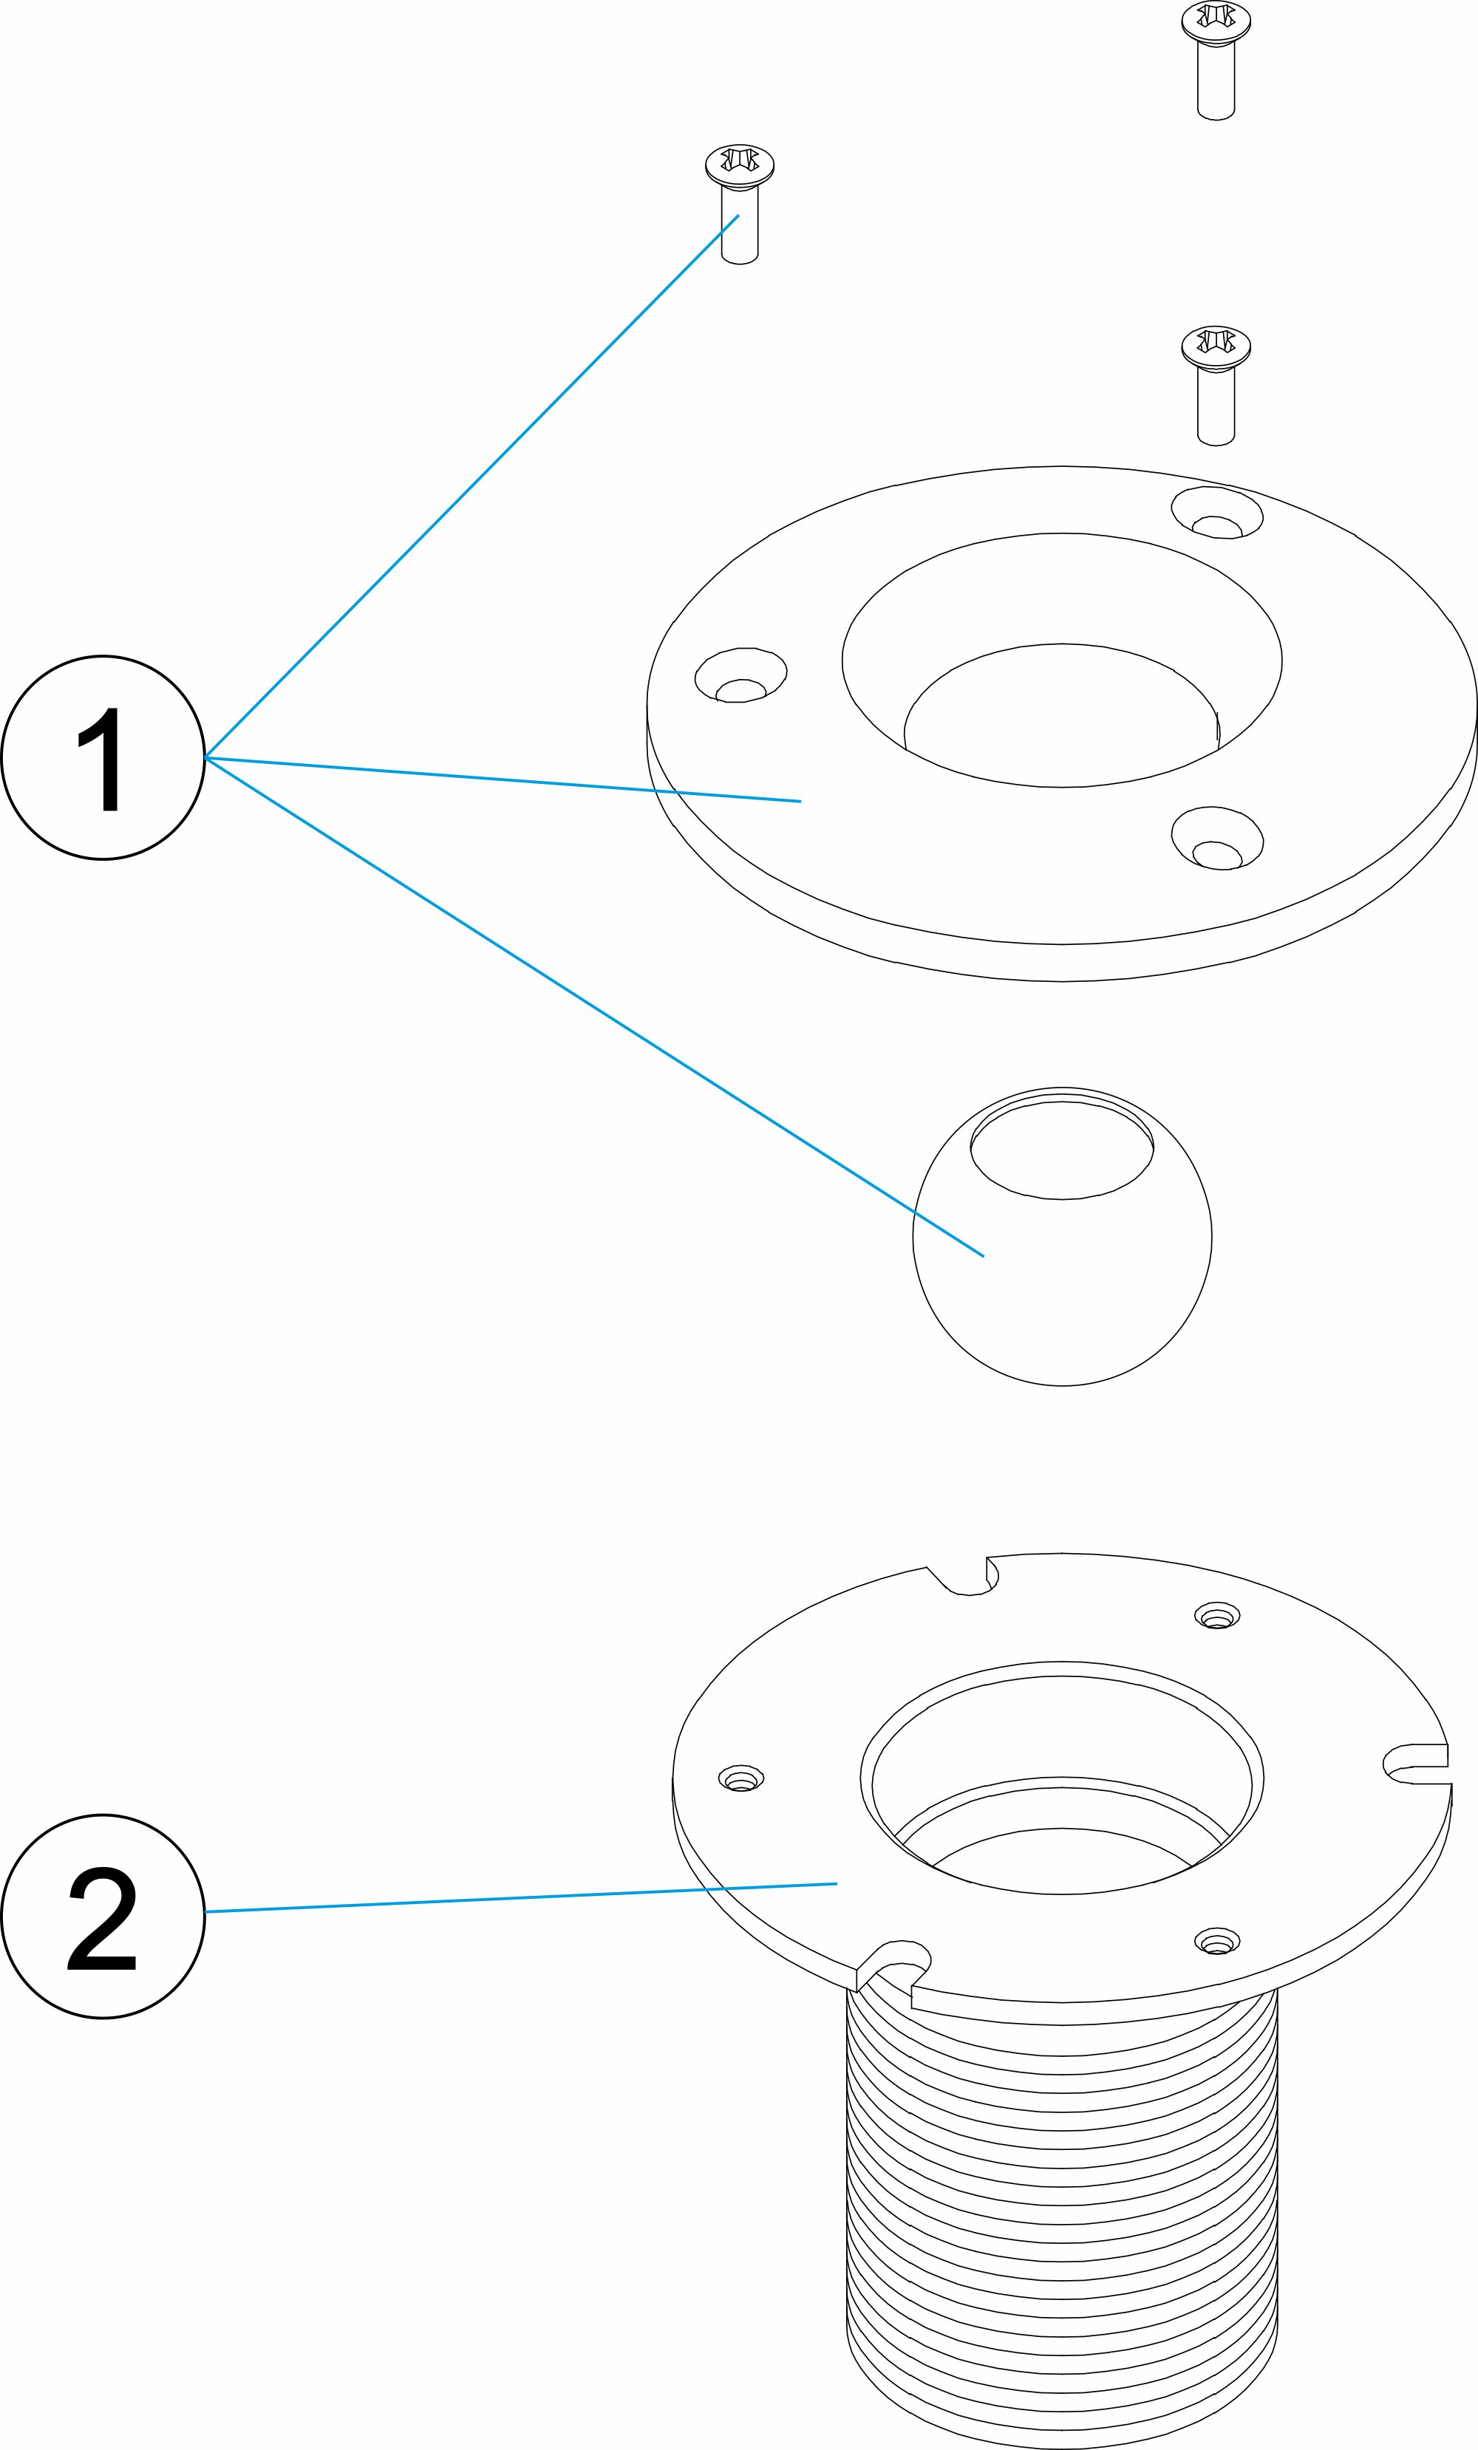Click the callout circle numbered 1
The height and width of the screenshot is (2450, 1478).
pyautogui.click(x=103, y=757)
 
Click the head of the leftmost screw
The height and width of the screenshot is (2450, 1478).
pyautogui.click(x=739, y=163)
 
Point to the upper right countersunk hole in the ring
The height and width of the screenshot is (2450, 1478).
pyautogui.click(x=1217, y=513)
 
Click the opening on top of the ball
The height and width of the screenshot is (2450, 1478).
pyautogui.click(x=1062, y=1151)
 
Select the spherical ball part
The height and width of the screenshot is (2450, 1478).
pyautogui.click(x=1062, y=1283)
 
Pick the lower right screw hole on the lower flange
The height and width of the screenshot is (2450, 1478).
pyautogui.click(x=1216, y=1940)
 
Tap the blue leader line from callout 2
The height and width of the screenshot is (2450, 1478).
pyautogui.click(x=517, y=1897)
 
